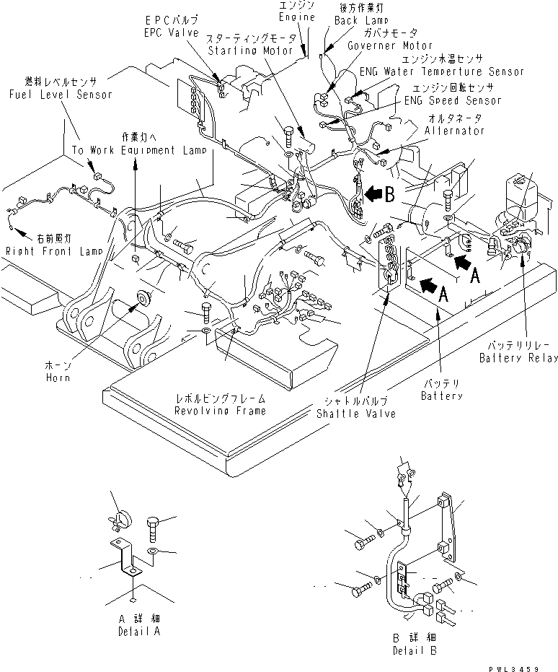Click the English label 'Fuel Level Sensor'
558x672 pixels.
tap(61, 95)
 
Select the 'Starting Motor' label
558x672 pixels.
tap(250, 51)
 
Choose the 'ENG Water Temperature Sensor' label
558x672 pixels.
tap(442, 72)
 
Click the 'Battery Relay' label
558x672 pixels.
tap(518, 358)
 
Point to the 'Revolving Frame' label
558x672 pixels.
tap(219, 410)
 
